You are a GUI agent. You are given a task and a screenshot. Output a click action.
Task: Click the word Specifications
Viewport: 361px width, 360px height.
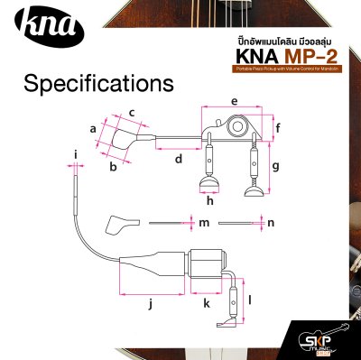click(x=98, y=84)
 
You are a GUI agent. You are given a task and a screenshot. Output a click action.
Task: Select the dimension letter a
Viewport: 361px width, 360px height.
click(x=92, y=129)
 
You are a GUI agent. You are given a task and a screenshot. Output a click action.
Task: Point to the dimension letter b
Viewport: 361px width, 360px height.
click(x=113, y=167)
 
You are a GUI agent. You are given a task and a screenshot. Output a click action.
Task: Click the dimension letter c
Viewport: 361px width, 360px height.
click(x=132, y=112)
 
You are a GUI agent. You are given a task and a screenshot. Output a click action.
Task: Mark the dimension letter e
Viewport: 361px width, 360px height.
click(x=234, y=100)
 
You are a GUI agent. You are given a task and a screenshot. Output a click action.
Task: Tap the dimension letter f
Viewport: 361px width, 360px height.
click(x=278, y=127)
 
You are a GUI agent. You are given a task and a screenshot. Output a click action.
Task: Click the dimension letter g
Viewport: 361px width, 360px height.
click(x=276, y=166)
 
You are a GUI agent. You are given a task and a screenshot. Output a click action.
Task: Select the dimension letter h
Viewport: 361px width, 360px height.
click(x=209, y=200)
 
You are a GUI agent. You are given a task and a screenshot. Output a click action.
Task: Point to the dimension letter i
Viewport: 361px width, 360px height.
click(x=76, y=165)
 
